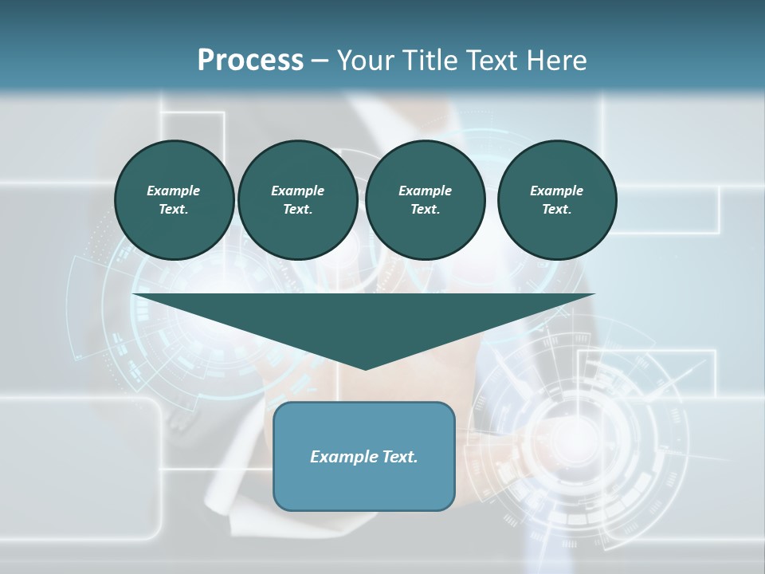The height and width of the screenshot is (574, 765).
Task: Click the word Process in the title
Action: (x=250, y=61)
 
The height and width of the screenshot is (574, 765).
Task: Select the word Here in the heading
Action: (x=556, y=61)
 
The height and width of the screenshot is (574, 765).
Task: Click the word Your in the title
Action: (x=366, y=61)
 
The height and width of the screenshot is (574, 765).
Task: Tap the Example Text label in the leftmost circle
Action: (x=174, y=200)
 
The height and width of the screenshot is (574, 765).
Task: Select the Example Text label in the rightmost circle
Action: (x=557, y=200)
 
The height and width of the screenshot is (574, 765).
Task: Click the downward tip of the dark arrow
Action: (x=365, y=368)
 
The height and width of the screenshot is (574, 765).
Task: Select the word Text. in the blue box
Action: (x=397, y=457)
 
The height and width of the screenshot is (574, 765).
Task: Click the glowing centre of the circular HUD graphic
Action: (x=581, y=434)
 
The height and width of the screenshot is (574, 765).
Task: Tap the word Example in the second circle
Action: (x=297, y=191)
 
